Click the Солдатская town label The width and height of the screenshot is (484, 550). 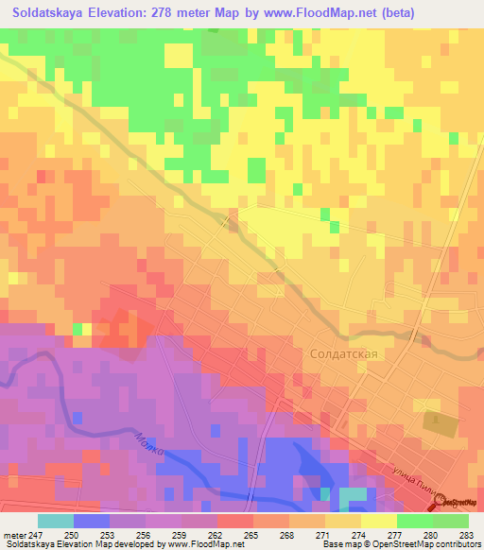tap(344, 353)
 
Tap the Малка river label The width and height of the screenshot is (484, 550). tap(149, 445)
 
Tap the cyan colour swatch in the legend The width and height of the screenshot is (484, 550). tap(56, 521)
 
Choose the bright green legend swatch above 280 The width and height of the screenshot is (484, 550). tap(415, 521)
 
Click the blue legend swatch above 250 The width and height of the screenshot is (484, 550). tap(92, 521)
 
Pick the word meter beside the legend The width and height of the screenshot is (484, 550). tap(14, 535)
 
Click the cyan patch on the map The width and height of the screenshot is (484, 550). tap(353, 496)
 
